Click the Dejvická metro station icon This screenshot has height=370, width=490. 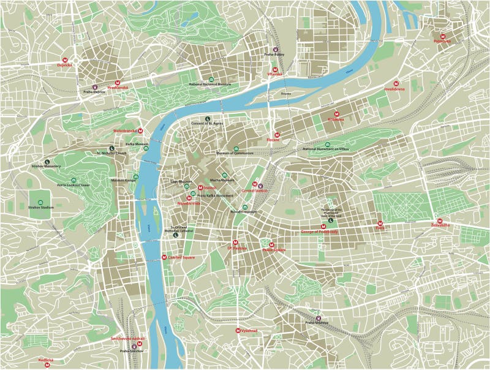[x=65, y=59]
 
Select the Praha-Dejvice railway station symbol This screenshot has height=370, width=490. [x=95, y=87]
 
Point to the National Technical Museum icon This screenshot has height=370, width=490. [x=211, y=80]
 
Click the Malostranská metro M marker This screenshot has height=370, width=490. [x=140, y=130]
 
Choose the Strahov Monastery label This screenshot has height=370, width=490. [x=47, y=166]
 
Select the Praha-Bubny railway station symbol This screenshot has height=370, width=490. [x=275, y=50]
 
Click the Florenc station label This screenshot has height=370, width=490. [x=273, y=140]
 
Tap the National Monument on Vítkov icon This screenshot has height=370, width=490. [x=326, y=144]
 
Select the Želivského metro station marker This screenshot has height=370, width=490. [x=440, y=221]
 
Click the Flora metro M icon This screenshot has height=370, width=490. [x=380, y=223]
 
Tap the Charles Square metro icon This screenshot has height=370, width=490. [x=164, y=257]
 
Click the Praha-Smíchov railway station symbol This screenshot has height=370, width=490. [x=134, y=347]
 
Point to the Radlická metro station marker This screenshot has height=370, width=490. [x=47, y=364]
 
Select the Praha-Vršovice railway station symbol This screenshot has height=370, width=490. [x=318, y=318]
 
